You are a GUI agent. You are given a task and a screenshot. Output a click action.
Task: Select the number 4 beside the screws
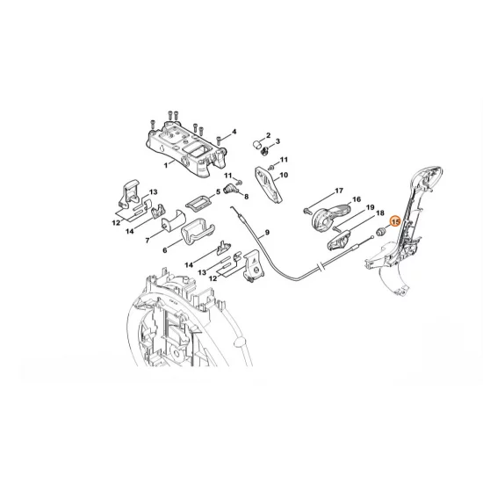coord(234,133)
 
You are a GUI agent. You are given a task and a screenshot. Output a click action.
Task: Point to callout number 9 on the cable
coord(266,233)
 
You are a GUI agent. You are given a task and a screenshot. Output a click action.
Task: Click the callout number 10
coord(284,175)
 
